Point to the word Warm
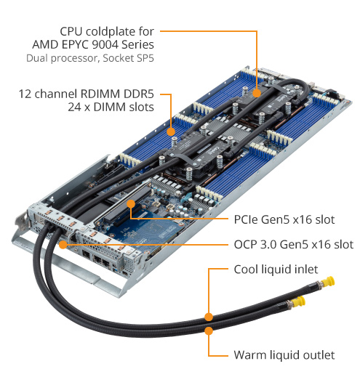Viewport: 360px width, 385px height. click(x=249, y=355)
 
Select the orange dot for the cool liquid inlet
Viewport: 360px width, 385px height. click(x=209, y=317)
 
